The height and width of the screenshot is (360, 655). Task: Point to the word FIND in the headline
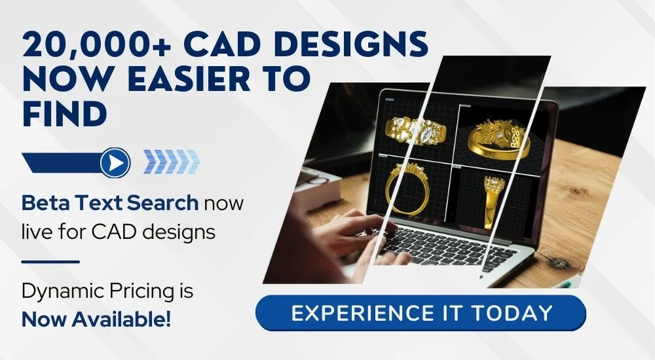[64, 114]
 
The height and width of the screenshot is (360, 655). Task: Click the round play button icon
[115, 162]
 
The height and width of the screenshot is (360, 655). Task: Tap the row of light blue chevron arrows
[171, 162]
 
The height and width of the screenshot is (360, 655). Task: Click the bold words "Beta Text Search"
[110, 203]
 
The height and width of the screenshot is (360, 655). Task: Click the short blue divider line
[50, 262]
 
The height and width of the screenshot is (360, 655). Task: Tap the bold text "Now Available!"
[96, 319]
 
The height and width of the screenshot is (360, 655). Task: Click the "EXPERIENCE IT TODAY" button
[421, 314]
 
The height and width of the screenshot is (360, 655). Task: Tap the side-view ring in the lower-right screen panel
[494, 200]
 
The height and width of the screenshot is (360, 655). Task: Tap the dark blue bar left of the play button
[63, 162]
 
